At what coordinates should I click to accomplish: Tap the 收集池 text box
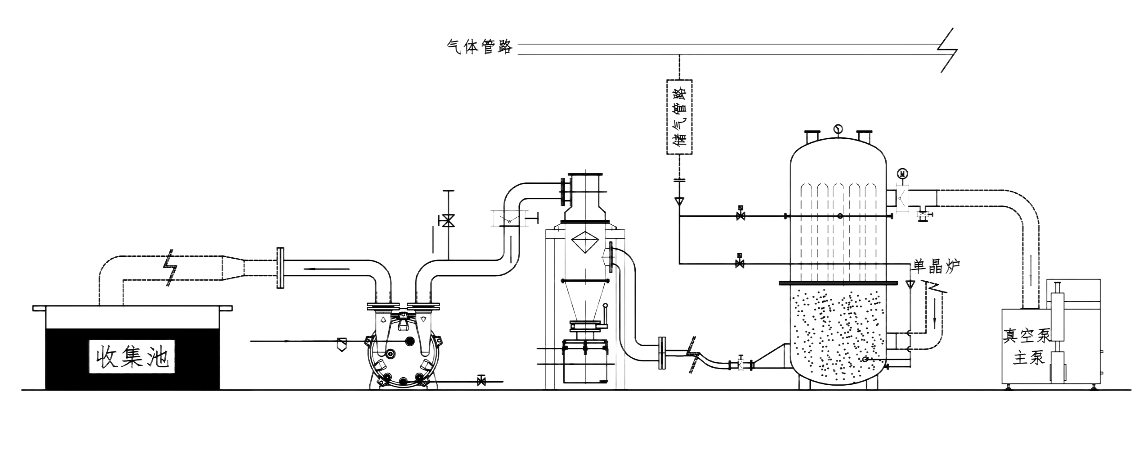132,356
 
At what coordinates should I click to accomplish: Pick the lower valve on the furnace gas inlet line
739,262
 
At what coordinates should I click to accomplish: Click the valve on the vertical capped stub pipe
448,221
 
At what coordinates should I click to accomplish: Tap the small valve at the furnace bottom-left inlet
740,363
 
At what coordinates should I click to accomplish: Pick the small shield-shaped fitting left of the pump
342,344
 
